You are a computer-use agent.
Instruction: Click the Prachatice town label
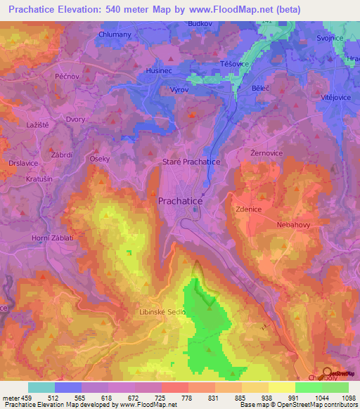pos(179,201)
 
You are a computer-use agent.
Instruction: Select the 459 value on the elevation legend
pos(25,398)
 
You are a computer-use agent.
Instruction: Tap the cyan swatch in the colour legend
pos(41,387)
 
